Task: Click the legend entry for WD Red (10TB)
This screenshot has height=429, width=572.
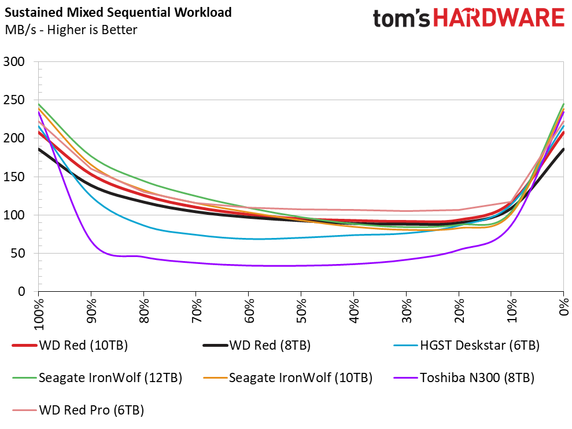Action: point(69,346)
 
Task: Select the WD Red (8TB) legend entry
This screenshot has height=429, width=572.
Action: point(256,346)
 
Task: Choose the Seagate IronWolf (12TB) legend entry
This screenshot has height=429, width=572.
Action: point(97,377)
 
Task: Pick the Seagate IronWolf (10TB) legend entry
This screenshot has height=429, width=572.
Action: point(287,377)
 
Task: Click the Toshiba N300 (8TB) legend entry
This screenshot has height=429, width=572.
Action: point(464,377)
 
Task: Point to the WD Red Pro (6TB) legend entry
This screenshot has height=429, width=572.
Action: point(78,410)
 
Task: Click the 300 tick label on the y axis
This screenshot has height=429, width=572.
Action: point(14,61)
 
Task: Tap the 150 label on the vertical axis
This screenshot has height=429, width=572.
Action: point(14,177)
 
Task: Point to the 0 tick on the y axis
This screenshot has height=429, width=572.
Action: point(21,292)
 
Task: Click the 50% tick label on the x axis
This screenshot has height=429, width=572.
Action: point(301,311)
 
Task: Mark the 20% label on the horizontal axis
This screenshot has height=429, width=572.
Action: point(459,311)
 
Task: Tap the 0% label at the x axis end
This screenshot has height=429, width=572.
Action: point(563,307)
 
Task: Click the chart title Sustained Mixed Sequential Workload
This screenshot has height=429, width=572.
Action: point(118,12)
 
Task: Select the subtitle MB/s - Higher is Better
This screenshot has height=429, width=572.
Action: point(71,30)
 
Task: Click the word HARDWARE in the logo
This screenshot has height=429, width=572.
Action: point(499,18)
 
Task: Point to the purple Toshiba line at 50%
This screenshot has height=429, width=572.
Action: point(301,265)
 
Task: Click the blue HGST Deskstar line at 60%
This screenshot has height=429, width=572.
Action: point(249,239)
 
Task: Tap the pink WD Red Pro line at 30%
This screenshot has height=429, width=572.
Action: point(406,211)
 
